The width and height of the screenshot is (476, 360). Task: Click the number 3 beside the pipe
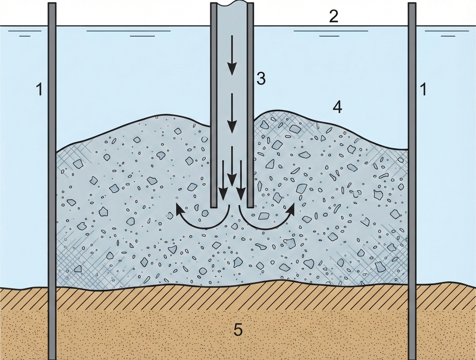[261, 79]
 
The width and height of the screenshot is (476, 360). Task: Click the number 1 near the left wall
[39, 89]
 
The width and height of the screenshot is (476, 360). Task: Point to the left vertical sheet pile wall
[52, 181]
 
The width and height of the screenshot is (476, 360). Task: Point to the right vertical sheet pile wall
[412, 181]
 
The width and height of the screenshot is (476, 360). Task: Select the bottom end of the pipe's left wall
[214, 206]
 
